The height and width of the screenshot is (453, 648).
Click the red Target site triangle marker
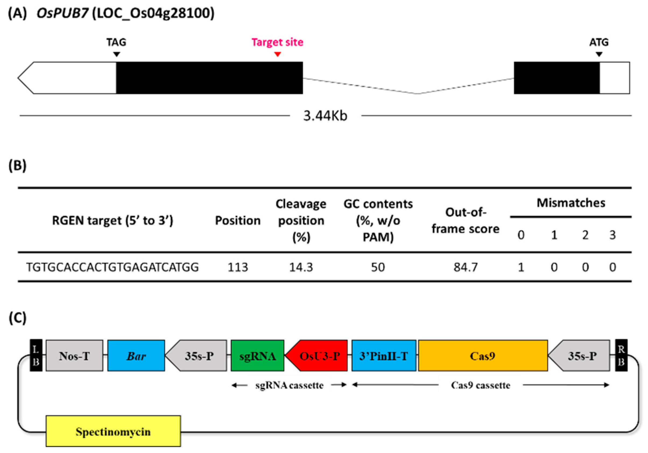tap(277, 54)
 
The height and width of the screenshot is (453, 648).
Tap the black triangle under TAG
tap(116, 54)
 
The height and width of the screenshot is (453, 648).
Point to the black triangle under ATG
tap(599, 54)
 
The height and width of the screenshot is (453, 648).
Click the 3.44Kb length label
tap(325, 116)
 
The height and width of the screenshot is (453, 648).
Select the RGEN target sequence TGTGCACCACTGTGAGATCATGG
tap(112, 267)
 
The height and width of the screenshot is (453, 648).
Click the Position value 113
tap(238, 267)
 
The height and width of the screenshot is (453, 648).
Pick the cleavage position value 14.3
tap(301, 267)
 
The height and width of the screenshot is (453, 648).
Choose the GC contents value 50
tap(378, 267)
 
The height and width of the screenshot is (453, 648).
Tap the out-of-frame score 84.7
tap(465, 267)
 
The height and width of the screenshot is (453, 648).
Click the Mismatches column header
tap(571, 203)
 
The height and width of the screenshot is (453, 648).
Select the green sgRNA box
tap(257, 356)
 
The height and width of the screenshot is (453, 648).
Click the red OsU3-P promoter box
tap(318, 356)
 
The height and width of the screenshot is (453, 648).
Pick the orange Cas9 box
tap(483, 356)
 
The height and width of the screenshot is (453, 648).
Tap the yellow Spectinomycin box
tap(113, 431)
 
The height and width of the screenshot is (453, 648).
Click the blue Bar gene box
tap(136, 356)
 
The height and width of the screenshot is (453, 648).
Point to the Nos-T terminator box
tap(75, 356)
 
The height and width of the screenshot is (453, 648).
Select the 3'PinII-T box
tap(383, 356)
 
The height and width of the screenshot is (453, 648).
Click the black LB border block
tap(36, 355)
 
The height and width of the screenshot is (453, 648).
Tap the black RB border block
tap(621, 355)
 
